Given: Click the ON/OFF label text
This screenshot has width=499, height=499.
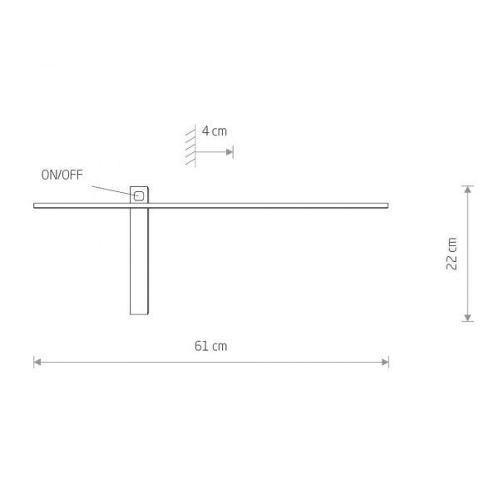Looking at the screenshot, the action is [x=62, y=175].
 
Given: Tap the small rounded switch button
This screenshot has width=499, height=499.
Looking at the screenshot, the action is [x=139, y=196].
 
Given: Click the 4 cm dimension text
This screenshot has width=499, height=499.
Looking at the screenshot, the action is [x=215, y=131].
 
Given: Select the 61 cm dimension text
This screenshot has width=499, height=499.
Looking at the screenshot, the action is [x=210, y=346].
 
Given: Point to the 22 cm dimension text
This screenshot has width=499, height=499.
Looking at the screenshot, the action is [x=452, y=254].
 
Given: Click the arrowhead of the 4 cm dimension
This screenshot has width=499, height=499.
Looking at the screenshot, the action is [x=230, y=152].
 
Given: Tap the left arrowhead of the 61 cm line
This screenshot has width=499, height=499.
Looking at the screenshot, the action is [x=37, y=362].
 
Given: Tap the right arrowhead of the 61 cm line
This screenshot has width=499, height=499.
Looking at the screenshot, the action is [x=385, y=362].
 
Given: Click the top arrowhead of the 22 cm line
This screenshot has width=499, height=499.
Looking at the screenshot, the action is [x=467, y=190].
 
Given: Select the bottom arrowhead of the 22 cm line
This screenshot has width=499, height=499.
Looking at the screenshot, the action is [x=467, y=318].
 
